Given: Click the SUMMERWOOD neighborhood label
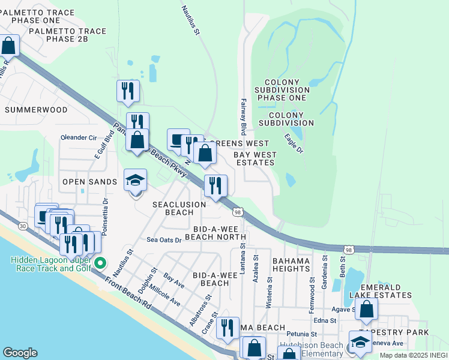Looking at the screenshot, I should tap(36, 110).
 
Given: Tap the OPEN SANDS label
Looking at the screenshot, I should tap(89, 182).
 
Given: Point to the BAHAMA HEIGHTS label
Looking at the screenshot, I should tap(291, 265).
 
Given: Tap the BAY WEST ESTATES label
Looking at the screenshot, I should tap(255, 158).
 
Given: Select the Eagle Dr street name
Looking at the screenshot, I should tap(294, 143).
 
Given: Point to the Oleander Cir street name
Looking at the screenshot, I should tap(79, 137).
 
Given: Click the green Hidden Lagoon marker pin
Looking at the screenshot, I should tap(101, 263).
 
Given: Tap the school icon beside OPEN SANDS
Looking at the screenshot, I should tap(135, 180).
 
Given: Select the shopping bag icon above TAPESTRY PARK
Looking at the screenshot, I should tap(366, 310).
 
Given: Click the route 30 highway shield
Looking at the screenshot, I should tap(23, 226).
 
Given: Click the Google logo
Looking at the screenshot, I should tap(19, 353).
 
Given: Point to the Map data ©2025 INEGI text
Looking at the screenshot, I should tap(413, 355).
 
